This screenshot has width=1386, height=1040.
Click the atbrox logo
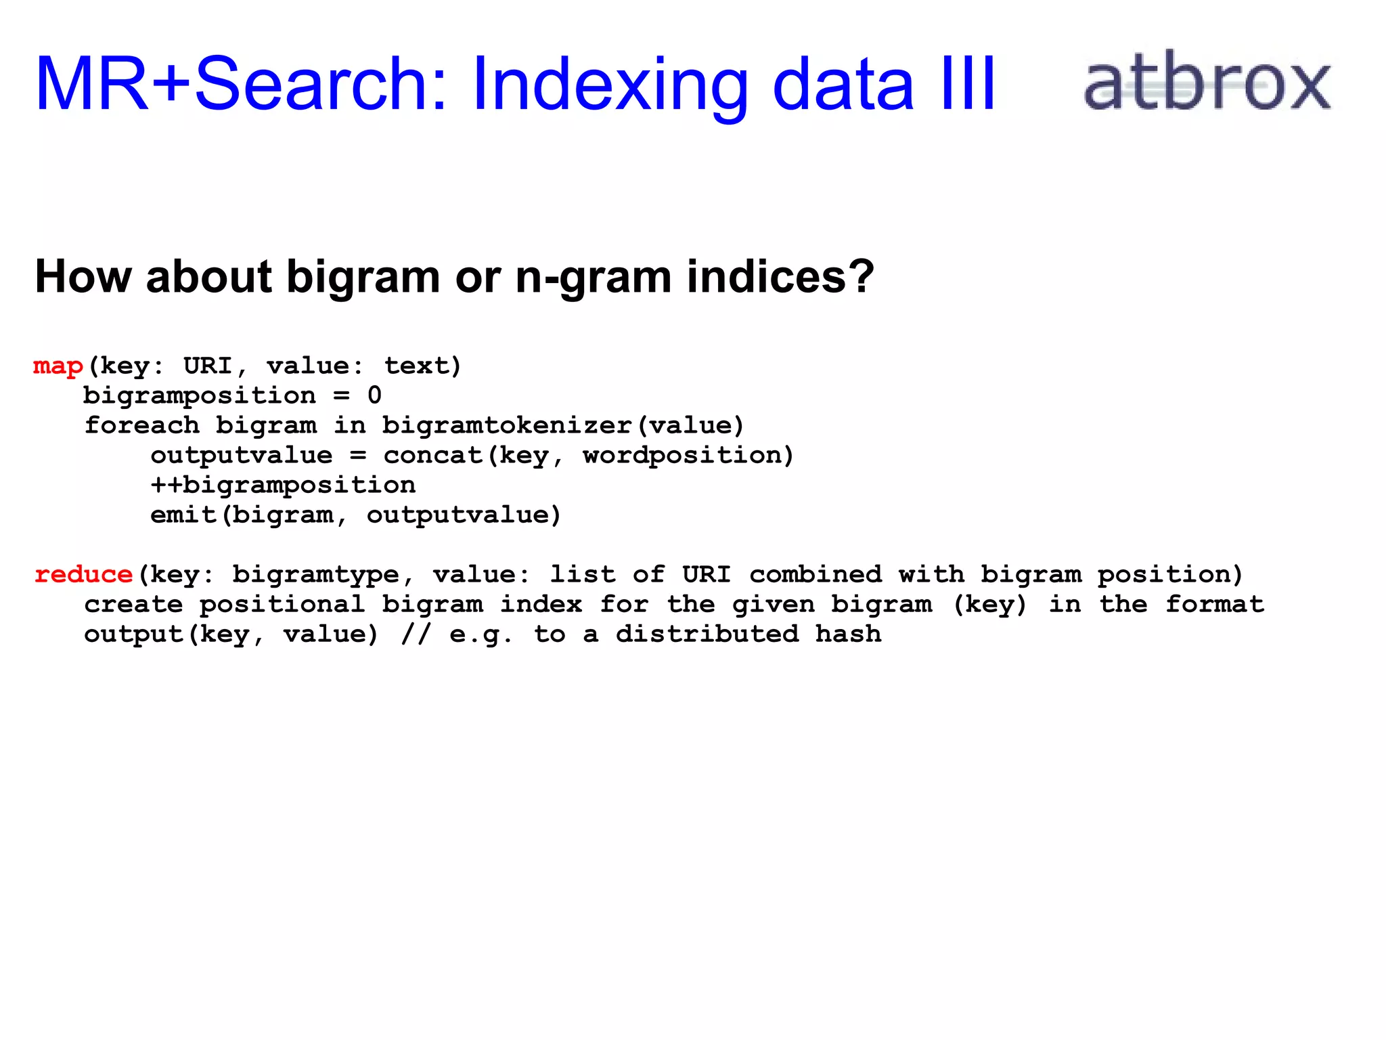1207,81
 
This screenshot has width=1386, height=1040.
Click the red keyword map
58,366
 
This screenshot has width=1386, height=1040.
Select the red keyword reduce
83,575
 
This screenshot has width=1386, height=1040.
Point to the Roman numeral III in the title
968,84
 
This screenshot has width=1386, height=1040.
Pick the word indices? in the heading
780,277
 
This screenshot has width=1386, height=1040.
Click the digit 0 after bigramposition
374,395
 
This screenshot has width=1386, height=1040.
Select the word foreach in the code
141,426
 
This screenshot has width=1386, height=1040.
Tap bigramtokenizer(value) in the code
563,426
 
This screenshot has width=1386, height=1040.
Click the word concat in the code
433,456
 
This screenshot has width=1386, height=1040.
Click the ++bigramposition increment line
283,485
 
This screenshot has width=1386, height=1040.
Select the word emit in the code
183,515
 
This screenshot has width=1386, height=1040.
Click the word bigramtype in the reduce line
316,575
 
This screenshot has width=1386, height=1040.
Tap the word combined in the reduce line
815,575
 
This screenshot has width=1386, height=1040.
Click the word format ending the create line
1215,605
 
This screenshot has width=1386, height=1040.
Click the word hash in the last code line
848,634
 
